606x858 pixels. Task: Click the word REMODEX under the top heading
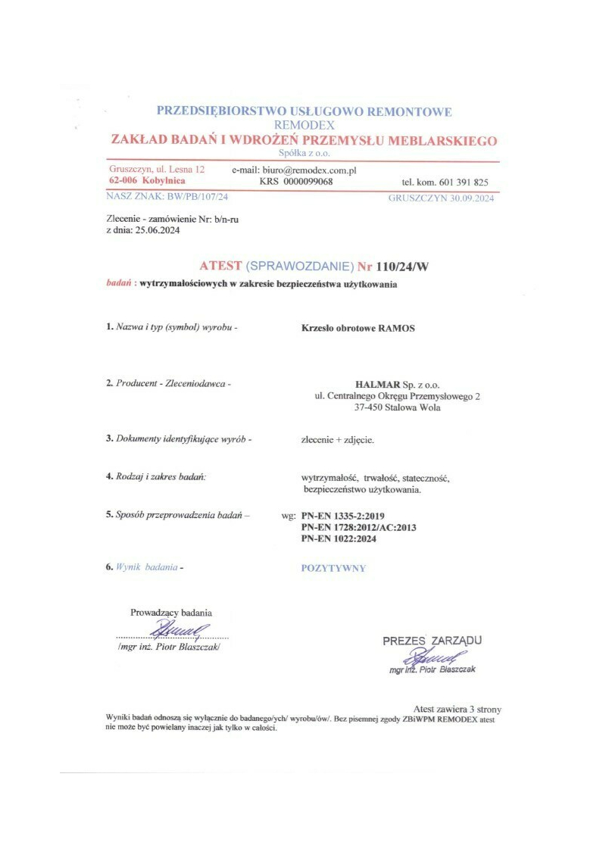[x=305, y=125]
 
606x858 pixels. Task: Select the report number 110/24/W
[x=408, y=266]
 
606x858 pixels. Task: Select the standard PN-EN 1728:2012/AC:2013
[x=359, y=527]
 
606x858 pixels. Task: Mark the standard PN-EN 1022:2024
[x=339, y=538]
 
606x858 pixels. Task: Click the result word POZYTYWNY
[x=333, y=568]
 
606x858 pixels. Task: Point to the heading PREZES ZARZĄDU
[x=432, y=641]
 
